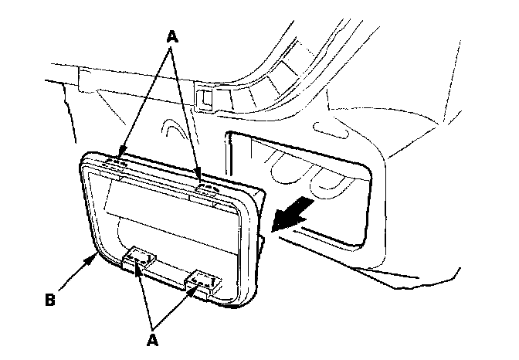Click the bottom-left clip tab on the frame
(x=138, y=258)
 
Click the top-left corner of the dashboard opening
(x=229, y=136)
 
